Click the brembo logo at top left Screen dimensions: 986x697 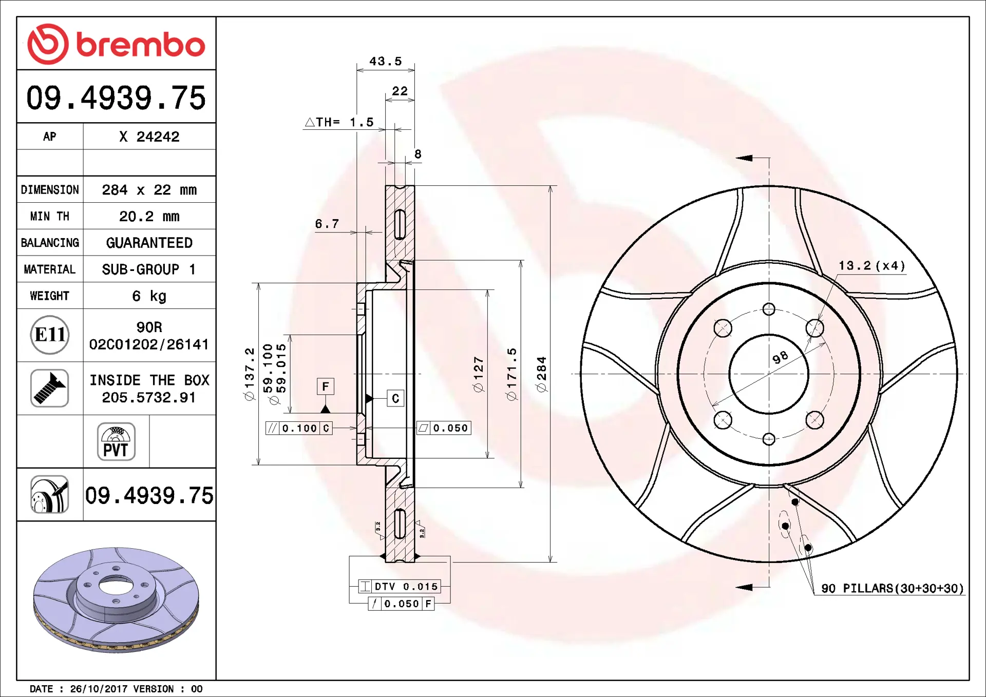pyautogui.click(x=116, y=44)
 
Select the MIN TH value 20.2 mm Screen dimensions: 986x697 pyautogui.click(x=149, y=217)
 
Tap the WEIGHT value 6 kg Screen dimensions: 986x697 pyautogui.click(x=149, y=296)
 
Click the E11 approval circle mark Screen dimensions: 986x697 pyautogui.click(x=50, y=335)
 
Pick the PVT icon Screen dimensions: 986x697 pyautogui.click(x=116, y=441)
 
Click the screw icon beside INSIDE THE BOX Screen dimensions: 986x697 pyautogui.click(x=50, y=388)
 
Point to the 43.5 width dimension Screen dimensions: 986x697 pyautogui.click(x=386, y=61)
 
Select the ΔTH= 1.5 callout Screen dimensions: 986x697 pyautogui.click(x=339, y=122)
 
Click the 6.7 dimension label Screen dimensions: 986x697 pyautogui.click(x=327, y=224)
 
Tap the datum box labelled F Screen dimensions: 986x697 pyautogui.click(x=326, y=386)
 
